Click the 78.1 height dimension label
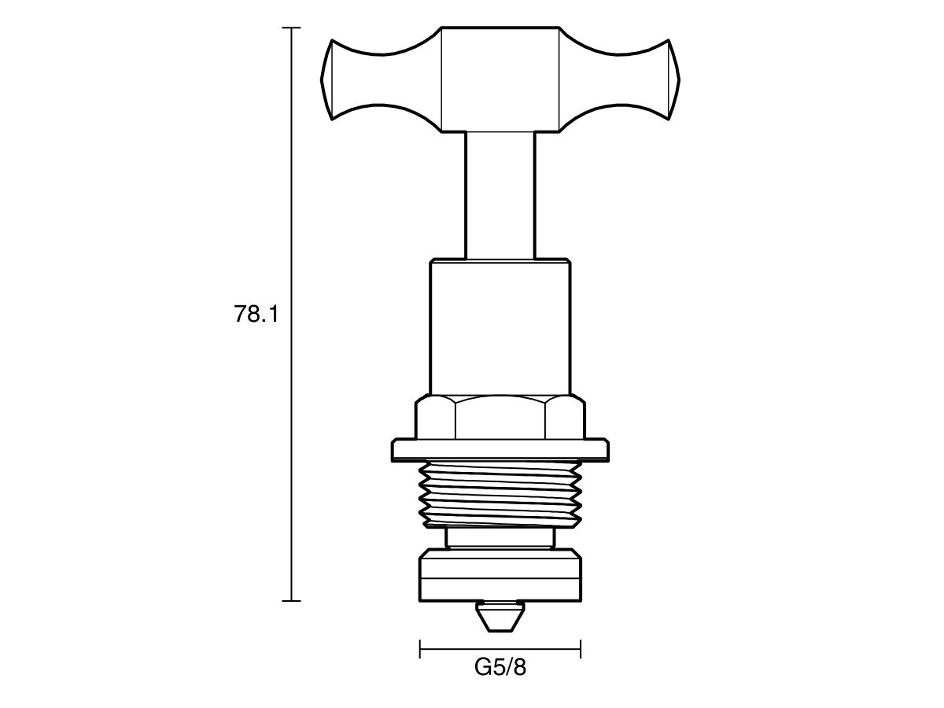(256, 315)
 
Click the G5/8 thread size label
(500, 668)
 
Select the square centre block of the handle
(500, 79)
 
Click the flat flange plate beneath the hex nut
(500, 451)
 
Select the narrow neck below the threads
(500, 539)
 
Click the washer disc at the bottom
(500, 576)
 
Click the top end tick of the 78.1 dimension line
(292, 28)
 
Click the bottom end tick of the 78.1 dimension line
(292, 601)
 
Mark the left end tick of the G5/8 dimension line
(421, 649)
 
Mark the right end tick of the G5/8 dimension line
(581, 649)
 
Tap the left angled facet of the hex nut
(435, 419)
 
